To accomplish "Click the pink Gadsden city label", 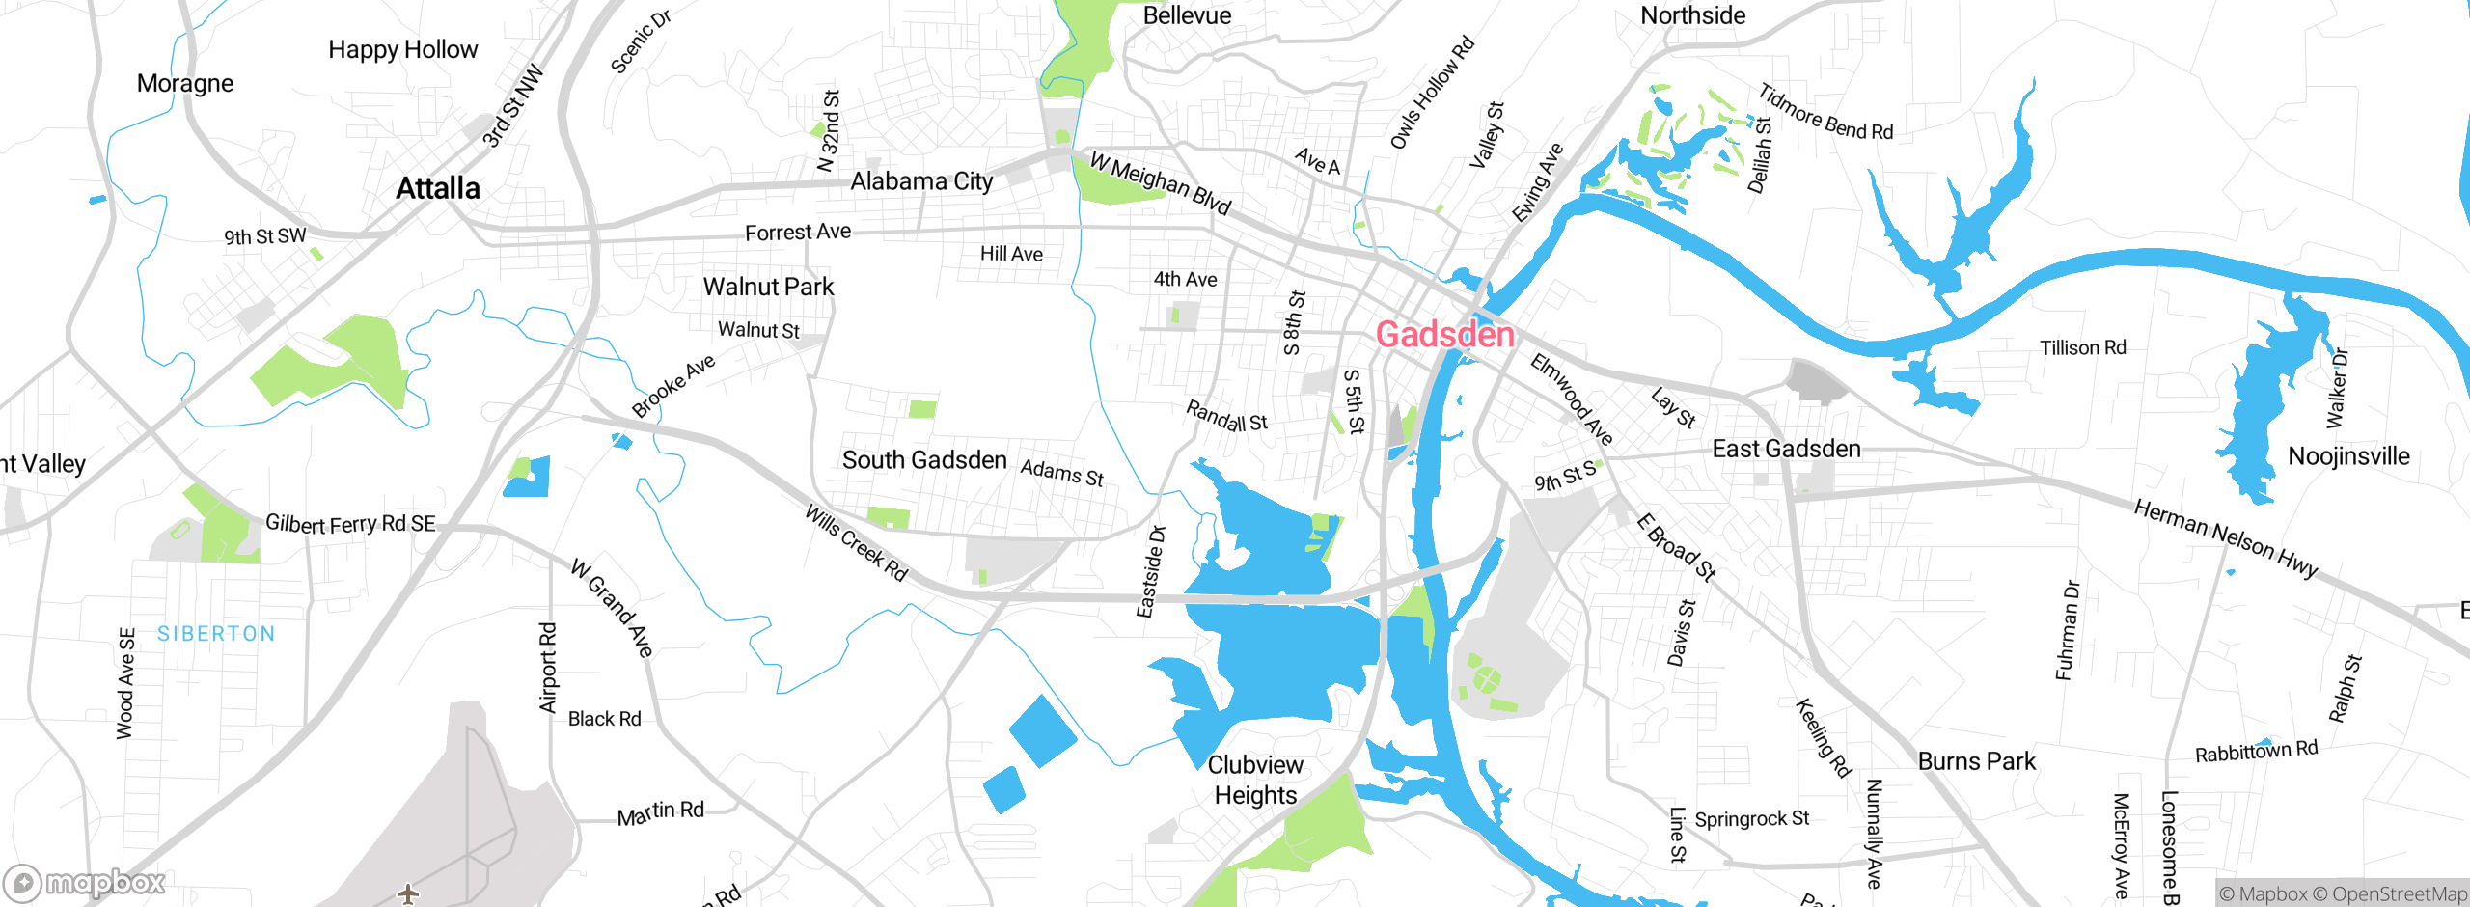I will coord(1444,335).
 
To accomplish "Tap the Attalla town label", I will coord(438,188).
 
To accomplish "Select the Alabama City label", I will coord(921,181).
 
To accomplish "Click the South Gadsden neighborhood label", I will coord(924,460).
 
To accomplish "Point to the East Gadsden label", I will coord(1786,449).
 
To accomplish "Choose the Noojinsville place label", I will coord(2348,456).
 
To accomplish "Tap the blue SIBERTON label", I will coord(216,634).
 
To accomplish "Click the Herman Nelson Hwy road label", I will coord(2225,538).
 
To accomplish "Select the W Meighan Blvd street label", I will coord(1161,182).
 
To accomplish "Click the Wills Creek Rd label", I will coord(857,543).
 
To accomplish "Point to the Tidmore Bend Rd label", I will coord(1825,113).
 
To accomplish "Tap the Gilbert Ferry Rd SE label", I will coord(350,524).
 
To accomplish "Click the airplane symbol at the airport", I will coord(408,893).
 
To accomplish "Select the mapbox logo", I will coord(85,883).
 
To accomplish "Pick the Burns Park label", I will coord(1976,761).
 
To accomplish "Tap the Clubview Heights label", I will coord(1255,780).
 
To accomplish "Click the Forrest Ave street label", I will coord(798,233).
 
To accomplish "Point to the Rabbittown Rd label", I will coord(2256,751).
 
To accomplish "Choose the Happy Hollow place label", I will coord(402,49).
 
